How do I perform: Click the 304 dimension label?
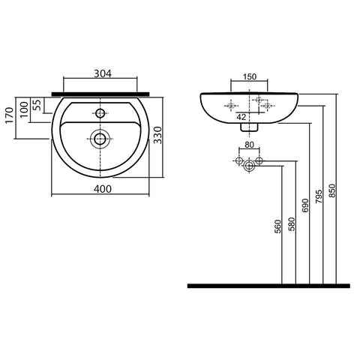coord(103,73)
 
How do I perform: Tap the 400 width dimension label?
coord(103,189)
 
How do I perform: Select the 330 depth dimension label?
coord(157,135)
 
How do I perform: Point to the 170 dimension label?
coord(10,115)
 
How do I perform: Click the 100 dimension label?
coord(24,109)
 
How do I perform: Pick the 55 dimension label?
coord(37,105)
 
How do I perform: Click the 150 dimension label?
coord(250,76)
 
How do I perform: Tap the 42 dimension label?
coord(241,117)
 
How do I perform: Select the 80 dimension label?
coord(249,145)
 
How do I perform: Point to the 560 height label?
coord(277,226)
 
